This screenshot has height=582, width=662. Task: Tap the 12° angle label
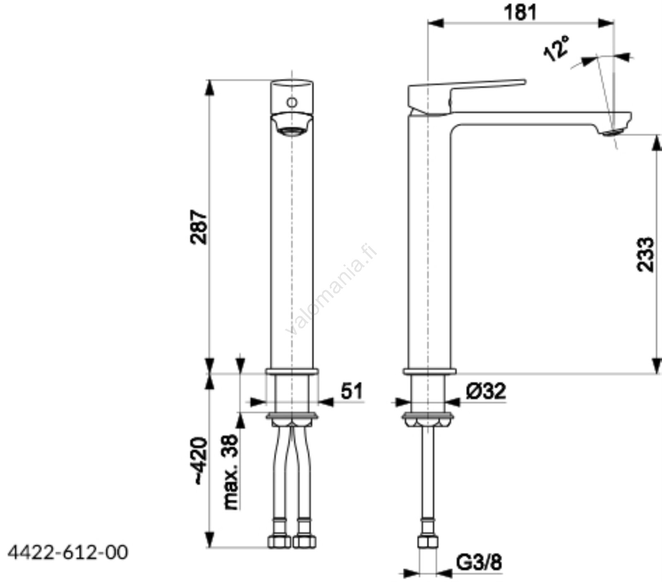[x=556, y=48]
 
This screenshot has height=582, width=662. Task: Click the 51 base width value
[x=351, y=391]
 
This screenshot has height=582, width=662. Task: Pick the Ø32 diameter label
[x=486, y=391]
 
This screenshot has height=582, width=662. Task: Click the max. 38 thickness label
[x=230, y=471]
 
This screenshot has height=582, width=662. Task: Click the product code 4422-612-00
[x=68, y=552]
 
